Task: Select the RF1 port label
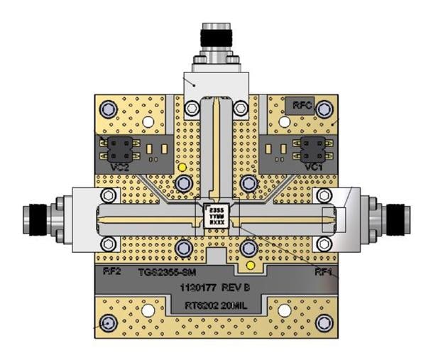pos(325,271)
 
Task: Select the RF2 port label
pos(106,271)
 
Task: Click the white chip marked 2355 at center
pos(216,215)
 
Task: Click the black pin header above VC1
pos(312,148)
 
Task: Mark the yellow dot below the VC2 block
pos(182,168)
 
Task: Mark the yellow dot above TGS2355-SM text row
pos(249,266)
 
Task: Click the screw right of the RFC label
pos(325,109)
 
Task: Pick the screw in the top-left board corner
pos(108,109)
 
